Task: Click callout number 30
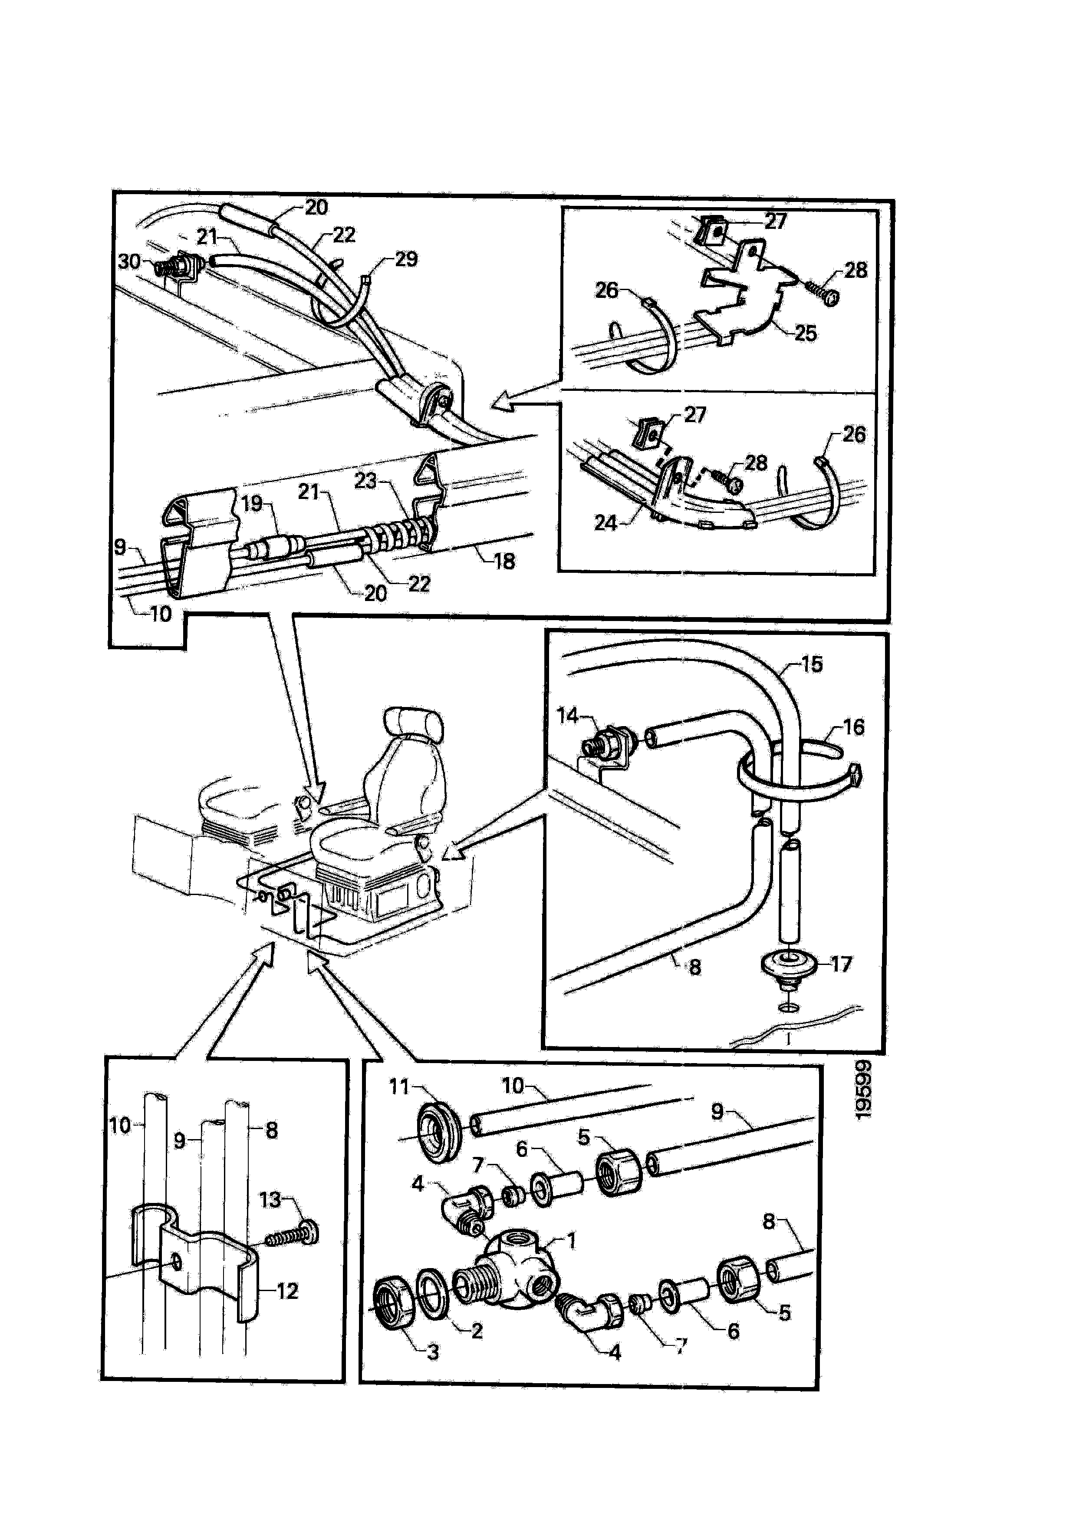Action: tap(129, 261)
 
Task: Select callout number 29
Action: tap(406, 259)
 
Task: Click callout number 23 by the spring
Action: tap(365, 480)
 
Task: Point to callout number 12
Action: tap(287, 1291)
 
